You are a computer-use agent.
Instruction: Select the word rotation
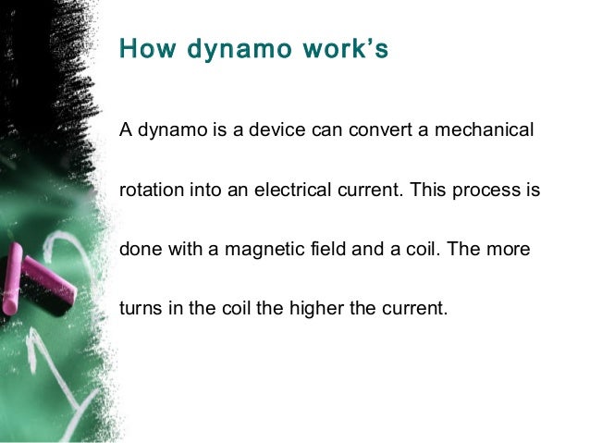pyautogui.click(x=152, y=190)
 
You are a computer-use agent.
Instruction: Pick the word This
pyautogui.click(x=428, y=190)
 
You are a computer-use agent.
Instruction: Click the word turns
pyautogui.click(x=140, y=308)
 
